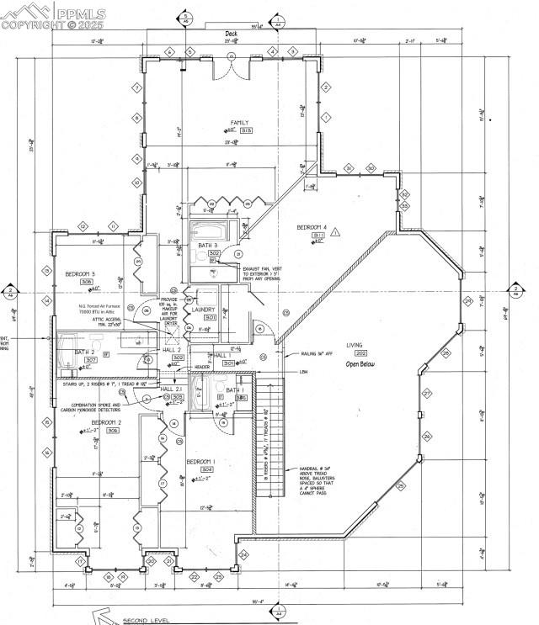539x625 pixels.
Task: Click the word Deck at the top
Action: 231,34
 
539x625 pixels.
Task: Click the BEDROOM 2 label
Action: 107,421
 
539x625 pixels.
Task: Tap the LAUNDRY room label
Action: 204,310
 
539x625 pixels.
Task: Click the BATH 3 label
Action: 208,245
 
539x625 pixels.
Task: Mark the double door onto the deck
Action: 232,68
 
